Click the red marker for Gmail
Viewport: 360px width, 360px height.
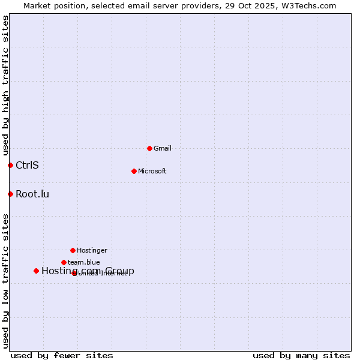(149, 148)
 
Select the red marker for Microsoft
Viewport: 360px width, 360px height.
(134, 171)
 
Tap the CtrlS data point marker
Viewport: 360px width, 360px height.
(10, 165)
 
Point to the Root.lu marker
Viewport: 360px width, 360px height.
(10, 194)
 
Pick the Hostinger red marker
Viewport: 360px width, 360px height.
(73, 250)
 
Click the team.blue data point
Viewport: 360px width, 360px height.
(64, 262)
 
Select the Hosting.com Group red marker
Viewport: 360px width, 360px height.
(36, 271)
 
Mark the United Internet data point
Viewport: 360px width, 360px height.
(74, 273)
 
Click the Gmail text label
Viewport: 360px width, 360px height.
(163, 148)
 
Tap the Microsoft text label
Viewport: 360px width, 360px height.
(152, 171)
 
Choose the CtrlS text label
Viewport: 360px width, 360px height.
(27, 165)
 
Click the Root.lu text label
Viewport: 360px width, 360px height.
(32, 194)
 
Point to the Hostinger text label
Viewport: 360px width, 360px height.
(92, 250)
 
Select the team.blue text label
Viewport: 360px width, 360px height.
(84, 262)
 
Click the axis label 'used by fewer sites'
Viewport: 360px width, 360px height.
(62, 356)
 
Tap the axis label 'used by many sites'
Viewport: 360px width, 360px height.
(301, 356)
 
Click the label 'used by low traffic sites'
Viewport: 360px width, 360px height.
(5, 281)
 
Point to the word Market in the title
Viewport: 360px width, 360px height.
(38, 5)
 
